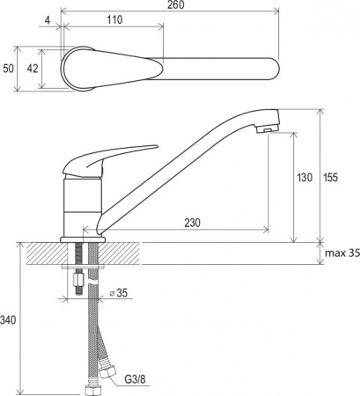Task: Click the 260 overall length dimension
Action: coord(176,5)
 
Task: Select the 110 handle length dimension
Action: coord(114,20)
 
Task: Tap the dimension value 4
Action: coord(48,20)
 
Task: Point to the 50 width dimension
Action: coord(9,69)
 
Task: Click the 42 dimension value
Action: coord(33,69)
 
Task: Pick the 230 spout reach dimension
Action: coord(192,223)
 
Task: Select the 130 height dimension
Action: coord(305,178)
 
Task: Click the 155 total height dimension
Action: coord(330,178)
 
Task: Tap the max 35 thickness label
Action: coord(342,253)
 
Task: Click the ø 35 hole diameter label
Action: coord(119,293)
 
